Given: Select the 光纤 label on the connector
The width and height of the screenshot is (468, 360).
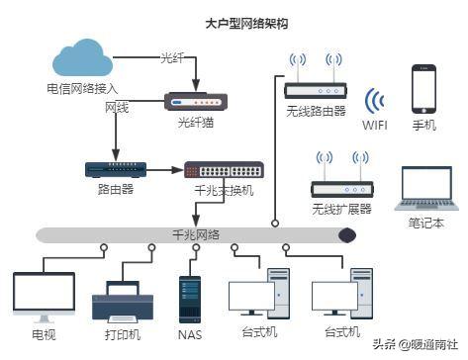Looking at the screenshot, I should (172, 58).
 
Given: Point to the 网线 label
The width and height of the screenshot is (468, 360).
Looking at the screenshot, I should (118, 107).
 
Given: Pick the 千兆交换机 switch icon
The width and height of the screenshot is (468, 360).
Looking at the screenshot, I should (223, 170).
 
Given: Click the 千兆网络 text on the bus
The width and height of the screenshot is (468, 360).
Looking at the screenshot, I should (196, 233).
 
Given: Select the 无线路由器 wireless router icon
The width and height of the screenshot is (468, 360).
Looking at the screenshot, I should (316, 86).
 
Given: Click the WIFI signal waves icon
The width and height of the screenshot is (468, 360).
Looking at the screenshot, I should (374, 101).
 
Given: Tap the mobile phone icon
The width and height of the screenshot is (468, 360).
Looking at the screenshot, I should (424, 89).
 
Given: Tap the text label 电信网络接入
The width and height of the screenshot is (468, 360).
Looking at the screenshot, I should (80, 88).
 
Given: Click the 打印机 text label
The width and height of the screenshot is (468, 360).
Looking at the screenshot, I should (122, 335).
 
